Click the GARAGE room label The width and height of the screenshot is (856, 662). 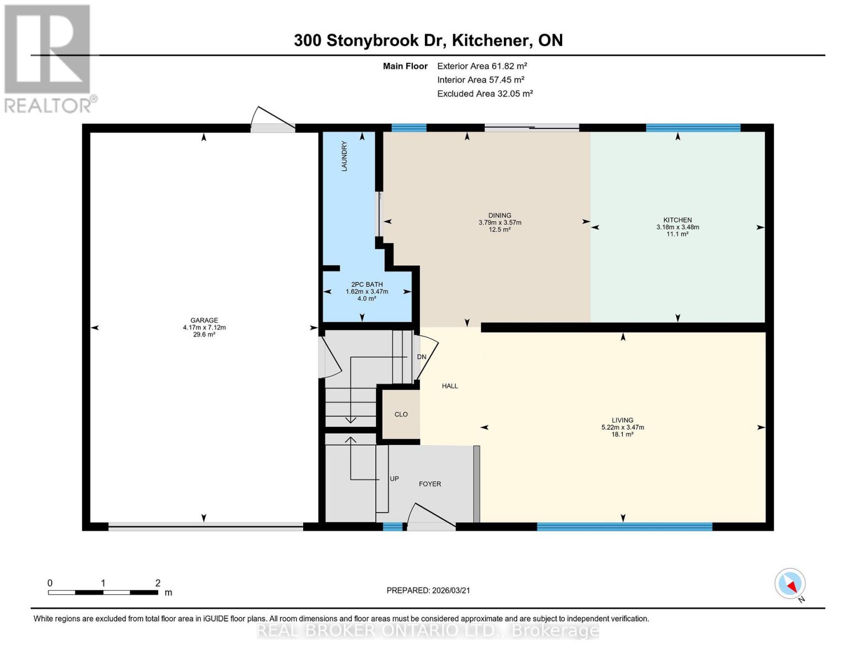(204, 321)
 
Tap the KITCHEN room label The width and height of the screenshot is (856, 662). (677, 220)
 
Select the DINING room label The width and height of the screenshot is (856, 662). (499, 216)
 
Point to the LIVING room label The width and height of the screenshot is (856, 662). (622, 420)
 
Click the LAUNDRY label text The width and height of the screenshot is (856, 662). (344, 156)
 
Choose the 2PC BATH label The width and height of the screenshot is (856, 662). (367, 285)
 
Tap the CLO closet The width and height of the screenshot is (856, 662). (401, 414)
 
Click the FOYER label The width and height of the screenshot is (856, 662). (430, 484)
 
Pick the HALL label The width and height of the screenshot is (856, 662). (450, 386)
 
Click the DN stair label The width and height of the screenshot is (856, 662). (422, 357)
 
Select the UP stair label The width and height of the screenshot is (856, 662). (394, 479)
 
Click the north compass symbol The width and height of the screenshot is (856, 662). (790, 584)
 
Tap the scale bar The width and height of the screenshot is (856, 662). (103, 592)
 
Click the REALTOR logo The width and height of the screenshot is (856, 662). (49, 58)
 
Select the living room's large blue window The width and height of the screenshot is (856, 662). (624, 526)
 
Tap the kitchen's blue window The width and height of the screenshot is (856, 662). (693, 128)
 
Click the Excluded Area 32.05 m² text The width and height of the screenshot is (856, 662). (484, 94)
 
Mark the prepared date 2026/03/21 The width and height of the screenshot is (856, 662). (428, 590)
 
